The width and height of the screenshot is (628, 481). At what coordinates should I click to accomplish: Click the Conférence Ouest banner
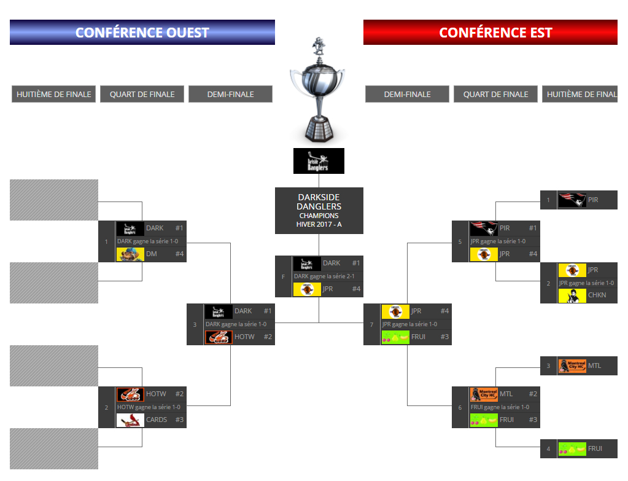pos(142,33)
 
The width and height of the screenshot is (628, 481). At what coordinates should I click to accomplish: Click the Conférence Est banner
pos(490,33)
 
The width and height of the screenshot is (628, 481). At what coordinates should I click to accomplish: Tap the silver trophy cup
pos(318,89)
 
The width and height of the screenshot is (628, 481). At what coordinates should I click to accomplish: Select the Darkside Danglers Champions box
pos(319,211)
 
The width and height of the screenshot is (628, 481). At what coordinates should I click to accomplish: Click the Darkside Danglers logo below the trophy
pos(319,161)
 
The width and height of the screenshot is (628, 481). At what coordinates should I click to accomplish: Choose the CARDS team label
pos(157,420)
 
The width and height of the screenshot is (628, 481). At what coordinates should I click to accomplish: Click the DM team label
pos(152,254)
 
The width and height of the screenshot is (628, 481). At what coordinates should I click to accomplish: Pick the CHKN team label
pos(597,295)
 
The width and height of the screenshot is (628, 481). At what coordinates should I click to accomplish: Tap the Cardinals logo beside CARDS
pos(130,420)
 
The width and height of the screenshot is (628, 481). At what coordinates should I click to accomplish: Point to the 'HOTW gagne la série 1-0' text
pos(149,407)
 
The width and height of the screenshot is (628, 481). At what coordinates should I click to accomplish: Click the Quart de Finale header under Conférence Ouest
pos(142,95)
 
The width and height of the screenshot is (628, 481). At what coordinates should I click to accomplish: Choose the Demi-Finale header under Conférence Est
pos(407,95)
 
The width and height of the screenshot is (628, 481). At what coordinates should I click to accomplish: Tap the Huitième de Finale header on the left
pos(54,95)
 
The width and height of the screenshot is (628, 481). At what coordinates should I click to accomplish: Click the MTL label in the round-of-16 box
pos(594,366)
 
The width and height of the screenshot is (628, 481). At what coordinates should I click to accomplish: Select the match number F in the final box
pos(283,277)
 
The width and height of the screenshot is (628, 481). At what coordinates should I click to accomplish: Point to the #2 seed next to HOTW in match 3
pos(268,337)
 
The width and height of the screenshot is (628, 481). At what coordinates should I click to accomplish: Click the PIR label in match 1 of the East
pos(592,200)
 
